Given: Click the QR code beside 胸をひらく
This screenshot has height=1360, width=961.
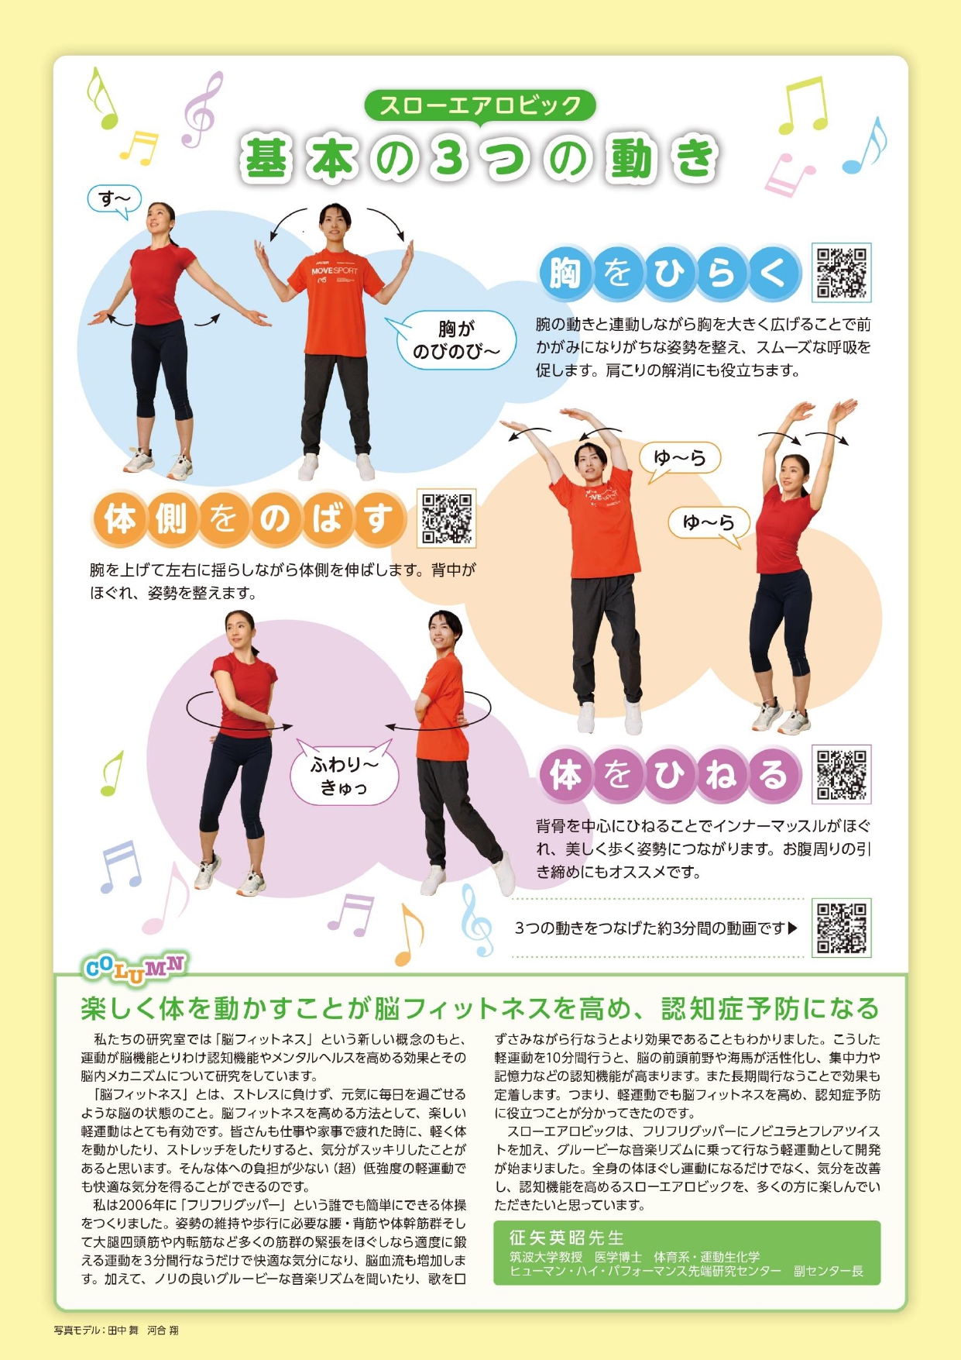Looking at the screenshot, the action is tap(842, 273).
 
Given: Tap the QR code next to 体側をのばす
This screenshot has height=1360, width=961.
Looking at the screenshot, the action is tap(447, 518).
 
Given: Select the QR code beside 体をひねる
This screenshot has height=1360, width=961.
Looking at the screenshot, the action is tap(842, 774).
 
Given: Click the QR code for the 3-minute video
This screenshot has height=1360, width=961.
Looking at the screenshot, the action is tap(842, 928).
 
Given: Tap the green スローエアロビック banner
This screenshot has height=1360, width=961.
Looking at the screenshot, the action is tap(480, 106).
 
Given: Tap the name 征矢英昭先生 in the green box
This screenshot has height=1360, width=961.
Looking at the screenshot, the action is tap(566, 1238).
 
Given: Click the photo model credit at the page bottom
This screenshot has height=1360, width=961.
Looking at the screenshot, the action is tap(116, 1330).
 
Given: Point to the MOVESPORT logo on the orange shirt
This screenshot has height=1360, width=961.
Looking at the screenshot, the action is tap(335, 271).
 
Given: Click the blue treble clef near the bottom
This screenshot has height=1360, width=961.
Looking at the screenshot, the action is tap(475, 921).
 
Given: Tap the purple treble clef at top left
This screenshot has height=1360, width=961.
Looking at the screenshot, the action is tap(202, 109).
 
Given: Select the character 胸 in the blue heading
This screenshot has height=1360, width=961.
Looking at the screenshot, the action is tap(565, 273).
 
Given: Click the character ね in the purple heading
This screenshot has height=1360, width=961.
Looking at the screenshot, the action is tap(722, 774).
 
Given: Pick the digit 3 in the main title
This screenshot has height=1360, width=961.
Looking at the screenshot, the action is tap(451, 158).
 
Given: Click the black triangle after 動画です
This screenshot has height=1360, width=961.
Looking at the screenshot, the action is tap(792, 928).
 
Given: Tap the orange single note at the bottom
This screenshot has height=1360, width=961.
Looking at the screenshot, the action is tap(409, 935).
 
